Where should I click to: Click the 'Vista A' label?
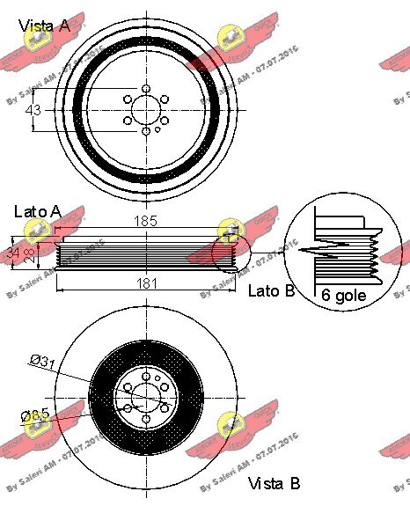click(45, 26)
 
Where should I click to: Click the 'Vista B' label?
click(275, 483)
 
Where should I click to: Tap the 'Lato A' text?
click(38, 211)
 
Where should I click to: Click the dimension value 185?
click(146, 223)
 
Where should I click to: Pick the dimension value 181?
click(146, 282)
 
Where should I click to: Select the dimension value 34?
click(11, 253)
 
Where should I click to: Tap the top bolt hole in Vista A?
click(146, 88)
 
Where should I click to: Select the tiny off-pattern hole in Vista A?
click(157, 128)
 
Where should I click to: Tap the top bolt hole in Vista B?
click(146, 376)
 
